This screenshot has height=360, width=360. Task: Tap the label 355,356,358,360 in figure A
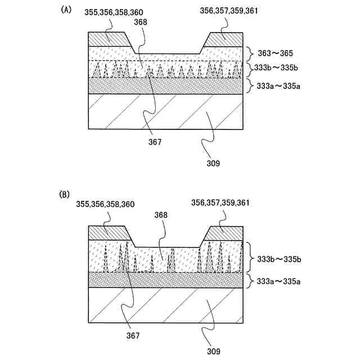click(112, 12)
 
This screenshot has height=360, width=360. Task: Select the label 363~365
click(275, 53)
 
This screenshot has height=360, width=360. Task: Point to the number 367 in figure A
click(155, 142)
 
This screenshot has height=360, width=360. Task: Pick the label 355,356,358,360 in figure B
click(102, 203)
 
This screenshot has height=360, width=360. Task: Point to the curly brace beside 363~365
click(251, 53)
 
